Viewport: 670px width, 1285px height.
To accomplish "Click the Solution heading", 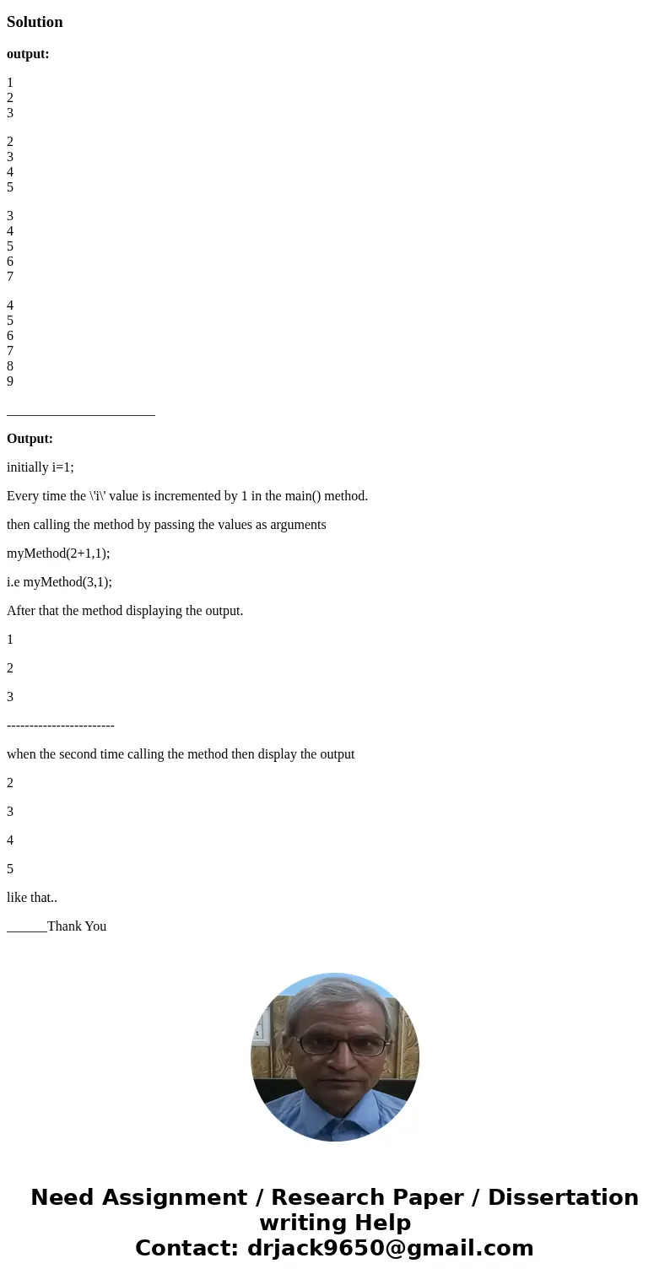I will click(35, 22).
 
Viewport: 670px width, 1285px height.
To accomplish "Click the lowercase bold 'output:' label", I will click(28, 54).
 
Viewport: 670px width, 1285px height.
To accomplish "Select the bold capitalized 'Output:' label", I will click(30, 439).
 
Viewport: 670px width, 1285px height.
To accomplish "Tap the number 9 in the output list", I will click(10, 381).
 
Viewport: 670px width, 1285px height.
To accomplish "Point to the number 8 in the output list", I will click(10, 366).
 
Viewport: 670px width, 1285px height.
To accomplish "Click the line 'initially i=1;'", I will click(41, 467).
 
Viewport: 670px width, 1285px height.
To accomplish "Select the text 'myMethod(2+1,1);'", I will click(58, 553).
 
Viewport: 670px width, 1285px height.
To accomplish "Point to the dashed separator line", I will click(61, 726).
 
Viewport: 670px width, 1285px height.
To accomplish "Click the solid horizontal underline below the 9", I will click(81, 414).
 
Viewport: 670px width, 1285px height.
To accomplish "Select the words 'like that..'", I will click(32, 898).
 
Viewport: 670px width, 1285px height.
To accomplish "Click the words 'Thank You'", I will click(77, 926).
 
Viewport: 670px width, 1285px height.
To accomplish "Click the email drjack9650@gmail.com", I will click(390, 1249).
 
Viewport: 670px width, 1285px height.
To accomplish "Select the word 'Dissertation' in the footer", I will click(563, 1198).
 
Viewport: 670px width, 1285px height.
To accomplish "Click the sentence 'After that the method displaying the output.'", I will click(125, 611).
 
